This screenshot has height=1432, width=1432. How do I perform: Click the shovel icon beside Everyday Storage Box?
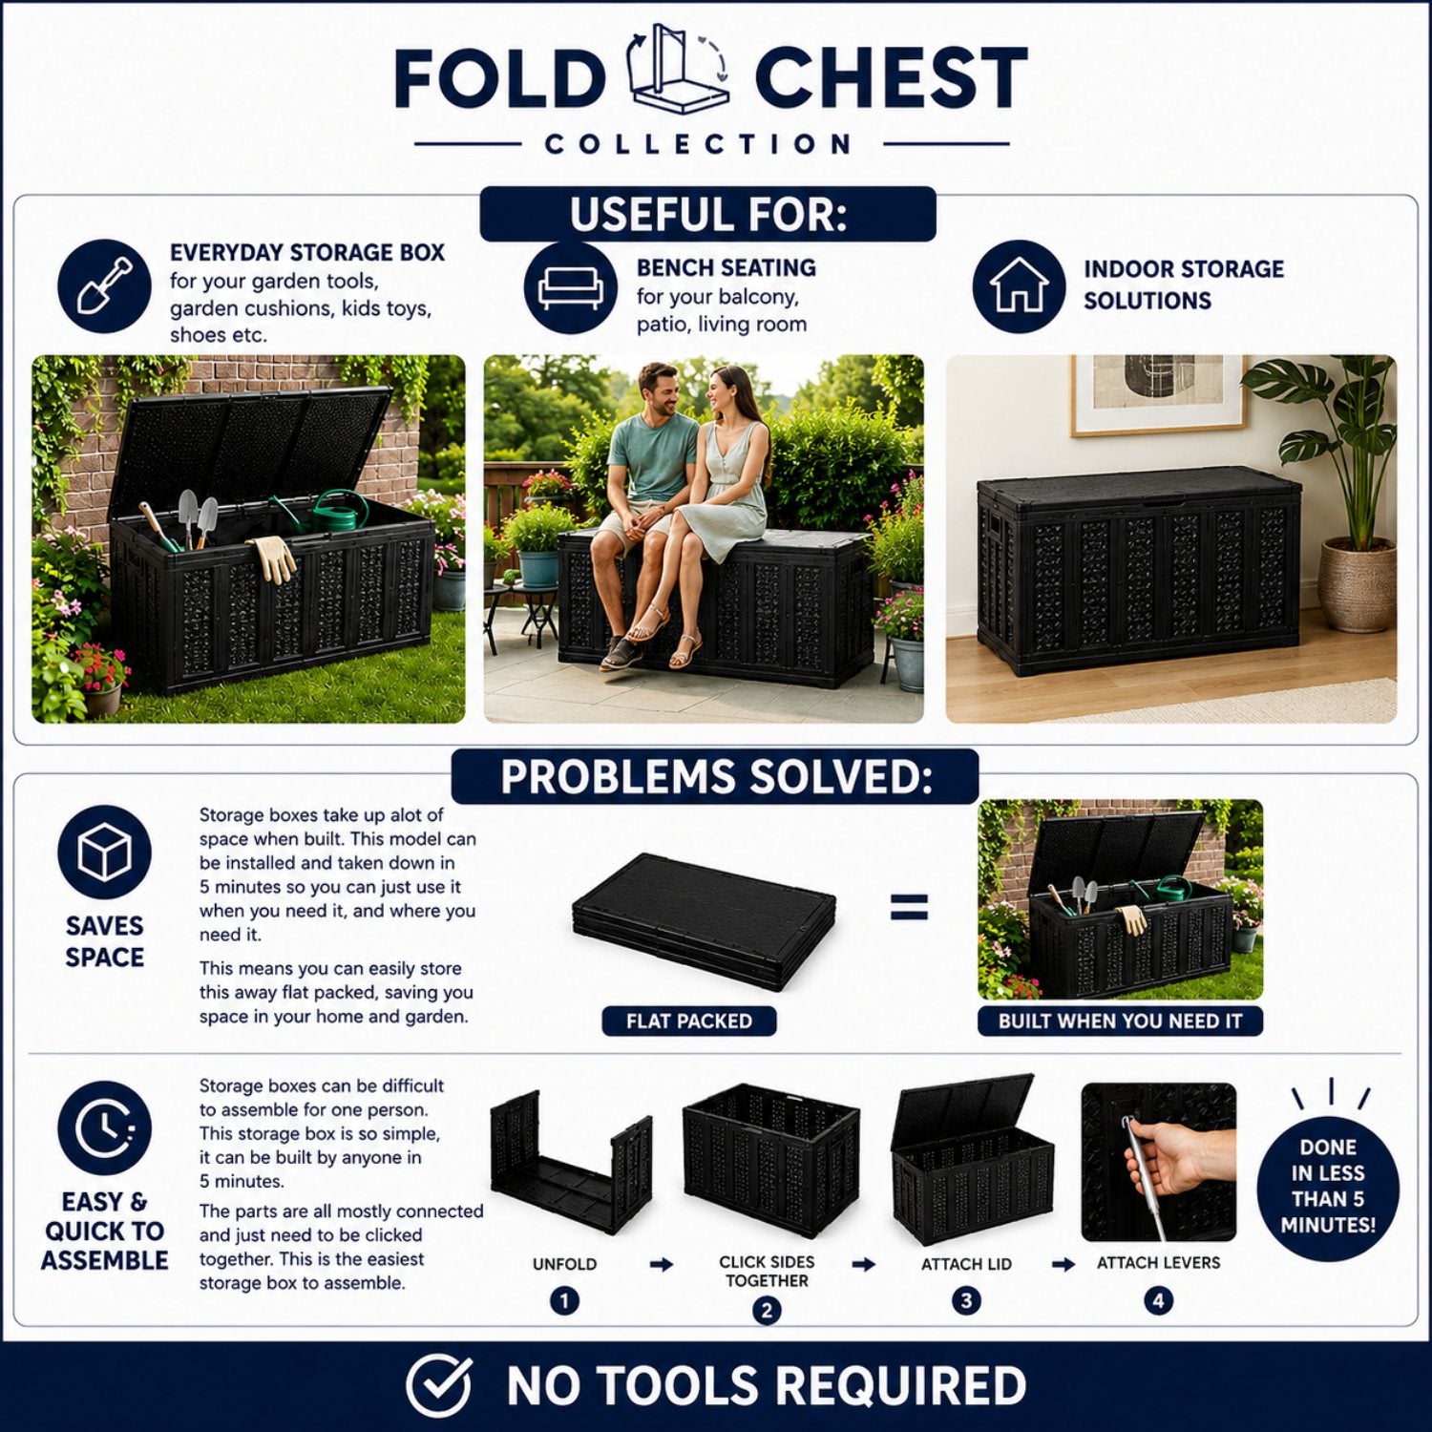click(x=104, y=286)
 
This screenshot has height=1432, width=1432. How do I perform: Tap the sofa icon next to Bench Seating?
click(x=571, y=286)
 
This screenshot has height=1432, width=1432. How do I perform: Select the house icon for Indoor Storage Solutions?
click(x=1019, y=286)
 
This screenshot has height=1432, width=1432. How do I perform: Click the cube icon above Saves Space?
click(x=104, y=853)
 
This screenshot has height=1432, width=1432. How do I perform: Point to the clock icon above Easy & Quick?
click(x=104, y=1128)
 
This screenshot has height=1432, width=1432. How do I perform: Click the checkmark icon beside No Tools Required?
click(x=439, y=1385)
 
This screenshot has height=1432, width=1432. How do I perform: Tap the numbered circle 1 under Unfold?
click(x=564, y=1300)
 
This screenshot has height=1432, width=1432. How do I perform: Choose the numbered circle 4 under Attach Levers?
click(x=1158, y=1300)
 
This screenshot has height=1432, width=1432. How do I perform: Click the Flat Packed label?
click(x=689, y=1021)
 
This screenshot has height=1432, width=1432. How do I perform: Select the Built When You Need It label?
click(x=1120, y=1021)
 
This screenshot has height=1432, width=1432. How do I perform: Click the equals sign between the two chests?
click(x=909, y=906)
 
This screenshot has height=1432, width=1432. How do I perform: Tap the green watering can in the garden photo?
click(x=337, y=512)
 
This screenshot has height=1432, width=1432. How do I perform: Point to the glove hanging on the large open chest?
click(x=274, y=558)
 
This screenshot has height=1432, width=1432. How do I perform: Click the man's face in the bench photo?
click(x=660, y=391)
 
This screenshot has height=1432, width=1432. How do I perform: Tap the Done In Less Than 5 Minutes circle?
click(x=1328, y=1185)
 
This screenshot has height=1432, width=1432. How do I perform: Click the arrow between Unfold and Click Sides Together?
click(x=661, y=1265)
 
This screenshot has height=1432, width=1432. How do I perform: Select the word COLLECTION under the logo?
click(x=698, y=144)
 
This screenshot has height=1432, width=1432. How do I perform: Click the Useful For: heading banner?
click(x=707, y=214)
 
